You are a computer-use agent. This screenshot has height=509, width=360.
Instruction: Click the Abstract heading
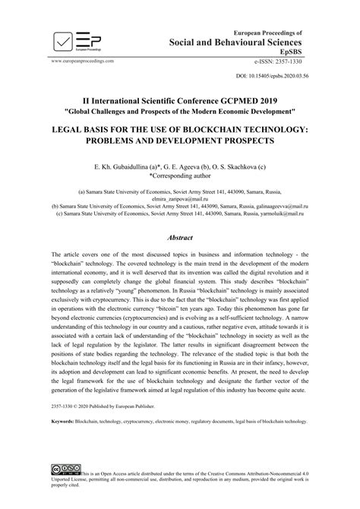point(180,238)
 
